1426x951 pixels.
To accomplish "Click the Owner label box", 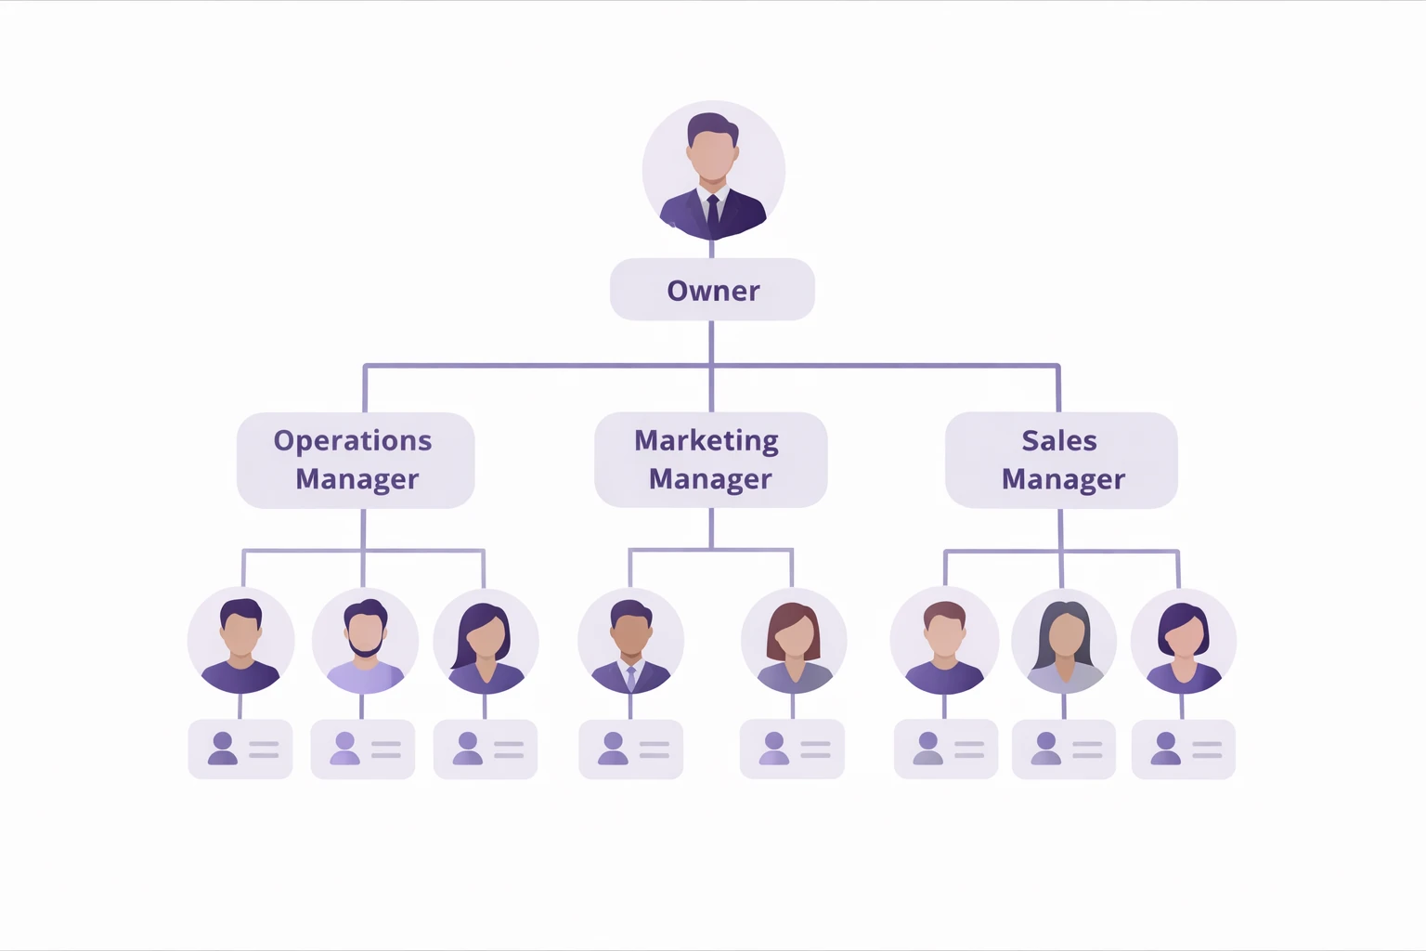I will point(712,290).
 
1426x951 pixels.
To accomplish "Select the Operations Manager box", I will point(356,460).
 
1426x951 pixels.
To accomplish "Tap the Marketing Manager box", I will point(710,460).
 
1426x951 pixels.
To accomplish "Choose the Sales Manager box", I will point(1061,460).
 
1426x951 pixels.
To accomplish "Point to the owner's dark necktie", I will point(713,213).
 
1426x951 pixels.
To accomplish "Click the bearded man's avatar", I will point(365,641).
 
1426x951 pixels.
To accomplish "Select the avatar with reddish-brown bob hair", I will point(794,641).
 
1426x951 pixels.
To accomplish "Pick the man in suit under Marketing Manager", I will point(630,641).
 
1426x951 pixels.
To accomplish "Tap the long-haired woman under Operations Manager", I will point(486,641).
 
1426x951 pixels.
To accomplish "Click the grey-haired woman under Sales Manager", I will point(1064,641).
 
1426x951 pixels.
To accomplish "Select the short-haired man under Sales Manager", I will point(944,641).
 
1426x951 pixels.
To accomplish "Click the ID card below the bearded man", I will point(363,749).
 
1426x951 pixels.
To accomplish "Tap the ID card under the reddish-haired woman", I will point(792,749).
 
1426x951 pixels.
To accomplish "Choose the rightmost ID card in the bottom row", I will point(1183,749).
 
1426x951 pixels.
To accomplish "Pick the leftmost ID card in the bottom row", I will point(240,749).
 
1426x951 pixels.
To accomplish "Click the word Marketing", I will point(707,441).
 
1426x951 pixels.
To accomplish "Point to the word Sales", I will point(1059,441).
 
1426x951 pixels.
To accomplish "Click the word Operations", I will point(353,441).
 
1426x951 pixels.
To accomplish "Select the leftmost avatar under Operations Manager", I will point(240,641).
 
